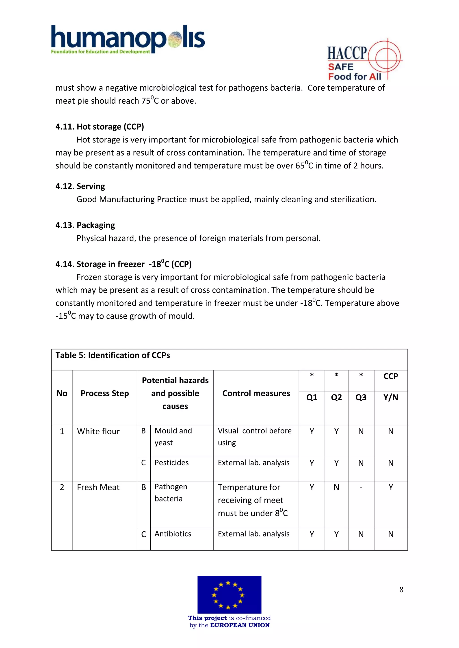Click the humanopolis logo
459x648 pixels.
click(x=128, y=39)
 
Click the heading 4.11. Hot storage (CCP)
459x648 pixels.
click(x=100, y=127)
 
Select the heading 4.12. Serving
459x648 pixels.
click(x=80, y=186)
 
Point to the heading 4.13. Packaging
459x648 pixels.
click(x=85, y=225)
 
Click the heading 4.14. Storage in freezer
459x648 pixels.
click(x=123, y=264)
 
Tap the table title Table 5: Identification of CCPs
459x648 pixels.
click(x=113, y=355)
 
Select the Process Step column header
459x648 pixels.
click(x=105, y=393)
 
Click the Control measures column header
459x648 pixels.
click(x=256, y=393)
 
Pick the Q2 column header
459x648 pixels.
click(x=336, y=397)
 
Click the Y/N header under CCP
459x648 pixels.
click(x=391, y=397)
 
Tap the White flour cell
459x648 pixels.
click(x=98, y=432)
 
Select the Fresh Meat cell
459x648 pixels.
click(x=98, y=487)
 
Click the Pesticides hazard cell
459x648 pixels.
click(x=171, y=463)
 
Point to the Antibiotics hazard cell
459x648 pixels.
click(x=173, y=534)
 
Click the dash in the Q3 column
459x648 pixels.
click(x=361, y=487)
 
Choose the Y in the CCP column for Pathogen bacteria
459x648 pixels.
click(x=391, y=487)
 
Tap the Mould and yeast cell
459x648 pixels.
click(x=173, y=437)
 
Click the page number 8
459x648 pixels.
click(x=401, y=590)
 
